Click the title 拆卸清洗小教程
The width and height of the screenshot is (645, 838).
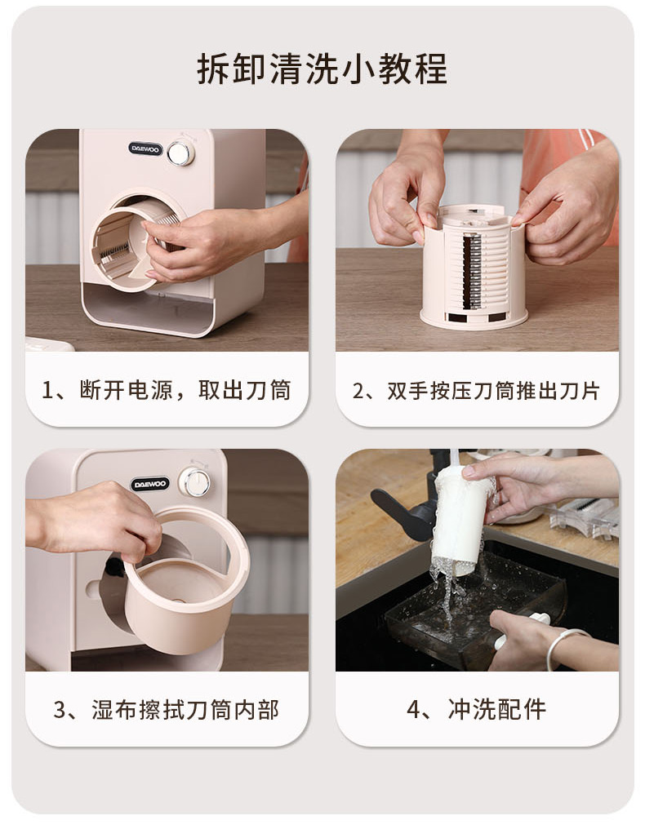tap(322, 69)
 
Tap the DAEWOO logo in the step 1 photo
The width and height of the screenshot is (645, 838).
tap(145, 149)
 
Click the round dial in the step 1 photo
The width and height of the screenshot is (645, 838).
tap(180, 153)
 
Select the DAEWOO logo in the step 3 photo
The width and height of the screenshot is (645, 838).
tap(150, 484)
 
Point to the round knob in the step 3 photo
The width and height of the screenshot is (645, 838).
tap(194, 481)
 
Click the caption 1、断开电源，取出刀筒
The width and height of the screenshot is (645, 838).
tap(167, 390)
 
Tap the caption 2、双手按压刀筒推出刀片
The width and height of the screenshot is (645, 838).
tap(476, 391)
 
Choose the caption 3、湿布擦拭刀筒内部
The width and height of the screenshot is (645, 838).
tap(167, 710)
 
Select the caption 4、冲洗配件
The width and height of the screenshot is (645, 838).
tap(476, 710)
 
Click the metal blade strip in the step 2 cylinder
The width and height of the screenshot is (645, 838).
tap(472, 272)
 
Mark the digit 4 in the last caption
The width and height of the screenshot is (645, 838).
tap(412, 710)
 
